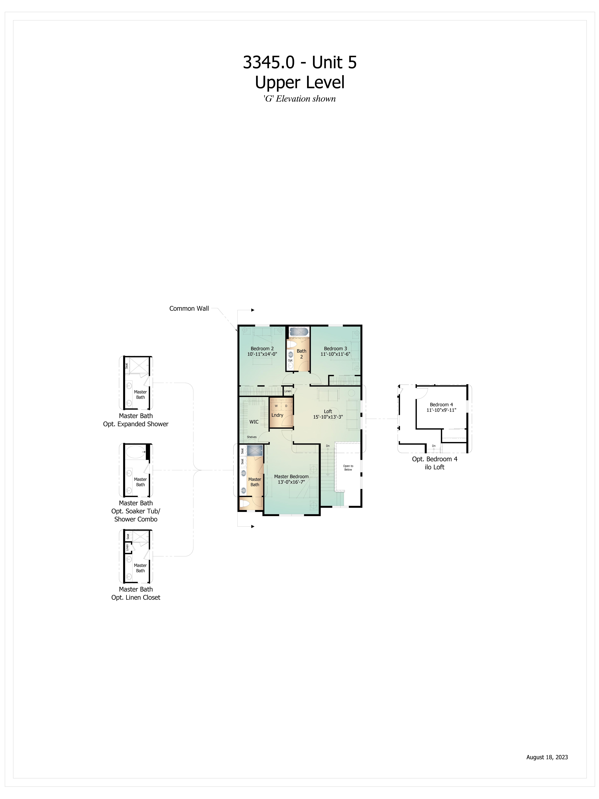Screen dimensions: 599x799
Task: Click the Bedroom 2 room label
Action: [x=262, y=349]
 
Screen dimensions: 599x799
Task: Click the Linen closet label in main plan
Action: [x=288, y=391]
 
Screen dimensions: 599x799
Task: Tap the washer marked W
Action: [x=276, y=406]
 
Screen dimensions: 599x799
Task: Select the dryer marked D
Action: [x=286, y=406]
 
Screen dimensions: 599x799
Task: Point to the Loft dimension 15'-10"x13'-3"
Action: [x=328, y=417]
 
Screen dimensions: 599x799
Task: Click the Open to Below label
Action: [x=348, y=468]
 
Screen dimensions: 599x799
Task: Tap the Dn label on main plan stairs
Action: [x=328, y=446]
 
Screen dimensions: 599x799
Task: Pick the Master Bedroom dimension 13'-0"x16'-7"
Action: [x=291, y=482]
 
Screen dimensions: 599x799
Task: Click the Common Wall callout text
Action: [x=189, y=308]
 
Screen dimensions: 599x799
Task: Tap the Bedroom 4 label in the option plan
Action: [x=441, y=405]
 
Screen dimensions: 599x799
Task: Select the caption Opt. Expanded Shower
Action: [x=136, y=424]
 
